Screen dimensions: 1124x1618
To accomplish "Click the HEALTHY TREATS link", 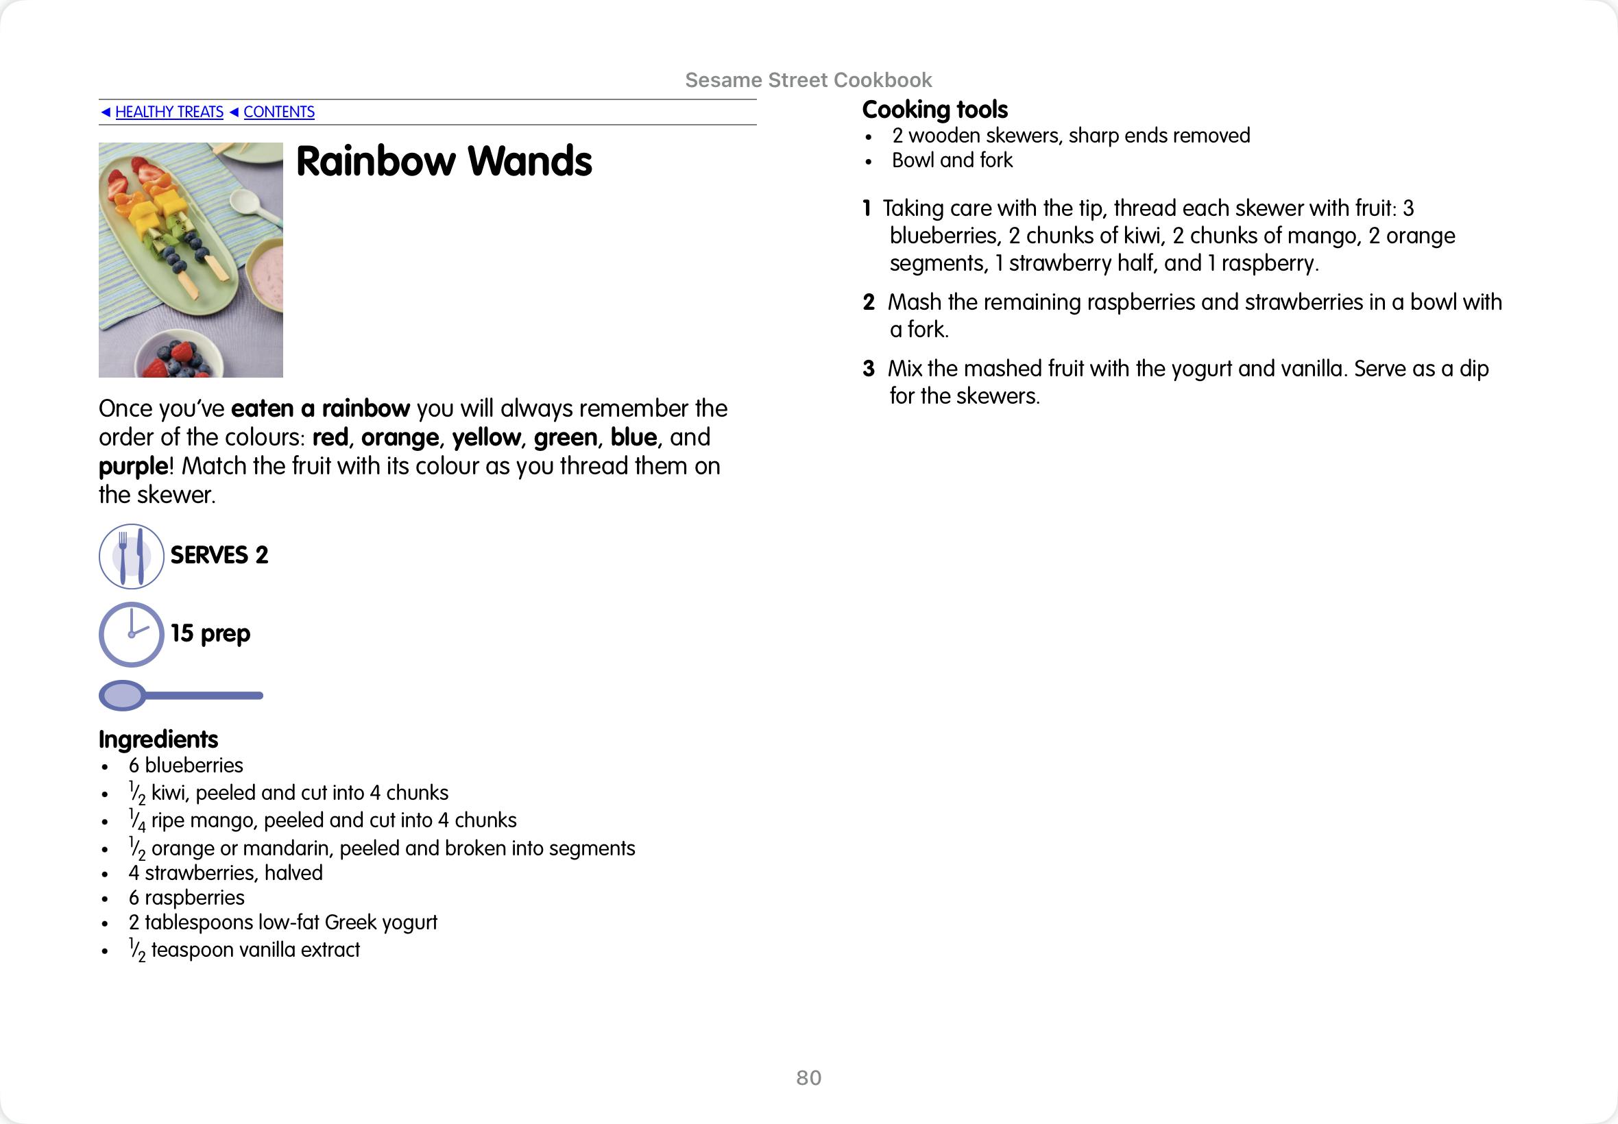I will [169, 112].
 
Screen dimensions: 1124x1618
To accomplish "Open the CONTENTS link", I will [279, 112].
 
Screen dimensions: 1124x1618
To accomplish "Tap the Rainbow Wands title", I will [444, 161].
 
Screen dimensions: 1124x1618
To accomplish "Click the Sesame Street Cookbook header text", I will [808, 80].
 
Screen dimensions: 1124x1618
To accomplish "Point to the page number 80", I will [808, 1077].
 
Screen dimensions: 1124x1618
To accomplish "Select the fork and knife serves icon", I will [131, 556].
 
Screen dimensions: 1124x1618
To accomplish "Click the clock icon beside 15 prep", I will [131, 634].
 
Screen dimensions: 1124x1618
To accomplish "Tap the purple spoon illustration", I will [180, 695].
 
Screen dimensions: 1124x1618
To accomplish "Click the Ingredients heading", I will [158, 739].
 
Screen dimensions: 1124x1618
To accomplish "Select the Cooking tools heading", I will [934, 110].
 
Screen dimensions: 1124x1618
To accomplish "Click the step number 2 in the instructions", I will [869, 302].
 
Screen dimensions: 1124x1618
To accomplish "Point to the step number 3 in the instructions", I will [869, 368].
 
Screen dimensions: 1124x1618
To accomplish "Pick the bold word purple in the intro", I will [133, 466].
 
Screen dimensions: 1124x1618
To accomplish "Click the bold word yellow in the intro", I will [486, 437].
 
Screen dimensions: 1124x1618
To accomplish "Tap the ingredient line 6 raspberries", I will [186, 897].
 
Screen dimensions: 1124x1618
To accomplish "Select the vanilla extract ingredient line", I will [245, 949].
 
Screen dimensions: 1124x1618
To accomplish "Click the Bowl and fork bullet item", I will [952, 160].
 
